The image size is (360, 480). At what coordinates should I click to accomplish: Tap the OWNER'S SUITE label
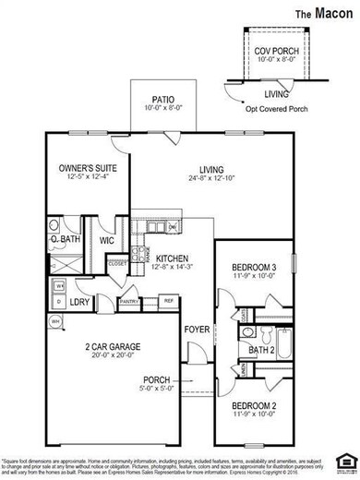tap(85, 169)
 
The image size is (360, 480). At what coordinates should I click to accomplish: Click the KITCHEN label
tap(172, 258)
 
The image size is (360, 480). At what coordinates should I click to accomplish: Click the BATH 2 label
tap(261, 350)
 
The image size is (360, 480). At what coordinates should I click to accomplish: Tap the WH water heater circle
tap(54, 321)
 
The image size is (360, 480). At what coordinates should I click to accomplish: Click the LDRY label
tap(80, 301)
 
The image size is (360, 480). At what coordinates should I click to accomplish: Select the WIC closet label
tap(106, 241)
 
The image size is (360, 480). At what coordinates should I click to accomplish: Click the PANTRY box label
tap(129, 300)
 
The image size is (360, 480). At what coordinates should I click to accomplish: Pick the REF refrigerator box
tap(169, 300)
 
